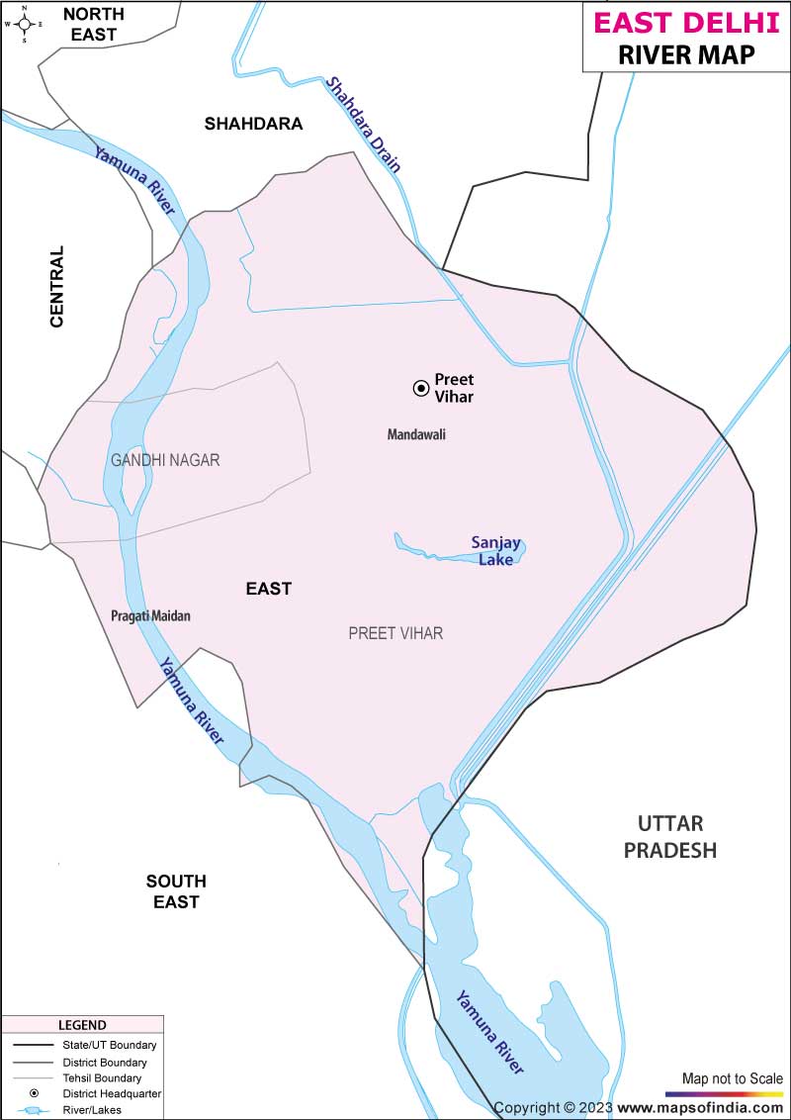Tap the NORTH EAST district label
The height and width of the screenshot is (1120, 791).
point(93,24)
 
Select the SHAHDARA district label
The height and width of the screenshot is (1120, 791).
point(253,124)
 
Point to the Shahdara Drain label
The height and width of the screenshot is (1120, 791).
point(365,125)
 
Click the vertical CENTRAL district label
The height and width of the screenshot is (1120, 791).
point(56,287)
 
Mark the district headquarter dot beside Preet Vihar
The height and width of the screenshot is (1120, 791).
point(420,388)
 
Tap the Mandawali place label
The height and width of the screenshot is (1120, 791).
point(416,434)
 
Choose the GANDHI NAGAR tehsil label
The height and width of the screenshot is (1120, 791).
point(165,460)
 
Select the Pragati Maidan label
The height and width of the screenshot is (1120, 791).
point(150,615)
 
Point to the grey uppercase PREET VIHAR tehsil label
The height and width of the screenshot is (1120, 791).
point(395,633)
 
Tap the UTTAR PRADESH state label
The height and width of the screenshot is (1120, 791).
point(669,837)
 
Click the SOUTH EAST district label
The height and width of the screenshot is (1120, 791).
point(176,891)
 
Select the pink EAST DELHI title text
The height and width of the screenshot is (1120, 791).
point(686,22)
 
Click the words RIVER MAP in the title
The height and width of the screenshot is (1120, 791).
point(686,54)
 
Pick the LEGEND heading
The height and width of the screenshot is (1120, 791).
point(82,1025)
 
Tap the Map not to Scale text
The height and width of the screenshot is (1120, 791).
point(732,1077)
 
